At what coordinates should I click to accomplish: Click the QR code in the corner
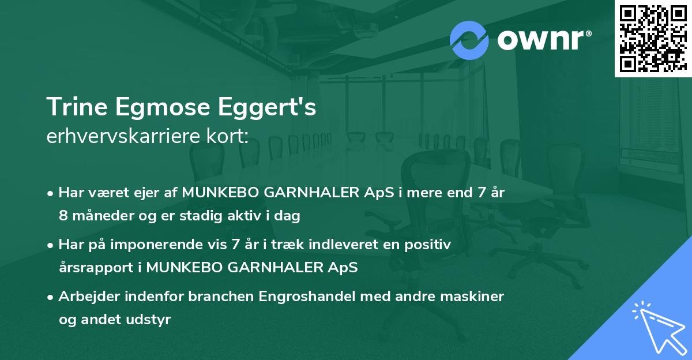click(x=653, y=38)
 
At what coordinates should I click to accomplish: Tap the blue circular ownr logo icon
click(x=469, y=40)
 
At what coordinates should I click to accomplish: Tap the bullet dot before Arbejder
click(x=52, y=297)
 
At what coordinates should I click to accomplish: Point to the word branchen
click(x=220, y=297)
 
